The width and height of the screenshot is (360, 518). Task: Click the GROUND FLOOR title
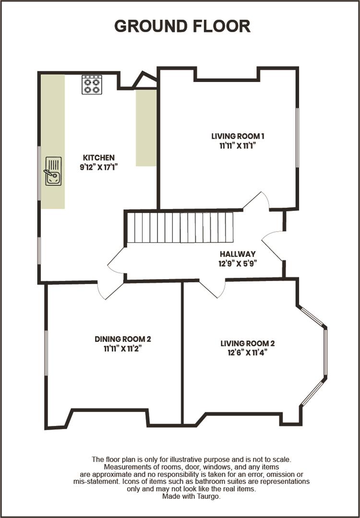[182, 26]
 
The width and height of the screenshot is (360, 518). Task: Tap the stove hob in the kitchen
[91, 84]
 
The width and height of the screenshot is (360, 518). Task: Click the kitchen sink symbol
[53, 171]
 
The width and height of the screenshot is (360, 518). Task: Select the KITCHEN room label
[99, 157]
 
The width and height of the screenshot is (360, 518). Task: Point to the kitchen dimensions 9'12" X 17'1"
[99, 167]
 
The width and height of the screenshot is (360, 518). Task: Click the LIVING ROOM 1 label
[238, 136]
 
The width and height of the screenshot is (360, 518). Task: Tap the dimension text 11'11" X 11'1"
[238, 146]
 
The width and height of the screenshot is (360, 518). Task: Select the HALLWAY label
[238, 254]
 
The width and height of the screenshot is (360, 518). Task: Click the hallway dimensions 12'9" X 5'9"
[238, 263]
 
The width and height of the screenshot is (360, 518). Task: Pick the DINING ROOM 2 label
[123, 339]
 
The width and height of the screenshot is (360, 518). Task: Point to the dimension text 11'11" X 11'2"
[123, 349]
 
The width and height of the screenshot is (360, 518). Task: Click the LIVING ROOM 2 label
[247, 343]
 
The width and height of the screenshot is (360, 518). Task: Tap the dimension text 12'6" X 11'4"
[247, 353]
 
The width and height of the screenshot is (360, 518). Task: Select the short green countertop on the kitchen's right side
[146, 128]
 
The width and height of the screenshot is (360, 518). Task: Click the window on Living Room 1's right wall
[297, 138]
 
